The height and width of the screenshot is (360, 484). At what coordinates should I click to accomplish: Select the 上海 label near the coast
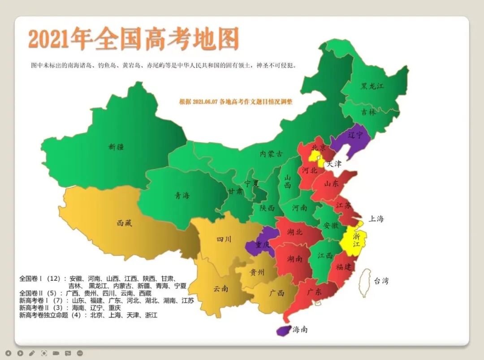[x=376, y=219]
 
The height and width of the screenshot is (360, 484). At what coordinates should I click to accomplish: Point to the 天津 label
[x=333, y=164]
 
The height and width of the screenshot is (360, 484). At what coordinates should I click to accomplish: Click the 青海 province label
[x=182, y=195]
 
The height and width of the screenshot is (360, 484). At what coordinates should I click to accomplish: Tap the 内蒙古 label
[x=272, y=154]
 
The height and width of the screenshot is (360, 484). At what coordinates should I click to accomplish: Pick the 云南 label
[x=220, y=289]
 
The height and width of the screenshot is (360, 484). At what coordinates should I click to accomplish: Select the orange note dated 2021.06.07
[x=235, y=102]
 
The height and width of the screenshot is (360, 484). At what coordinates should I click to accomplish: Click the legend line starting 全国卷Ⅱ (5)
[x=85, y=293]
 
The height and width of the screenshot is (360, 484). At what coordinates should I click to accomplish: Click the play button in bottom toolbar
[x=20, y=353]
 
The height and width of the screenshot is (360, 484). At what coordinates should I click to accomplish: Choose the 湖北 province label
[x=294, y=232]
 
